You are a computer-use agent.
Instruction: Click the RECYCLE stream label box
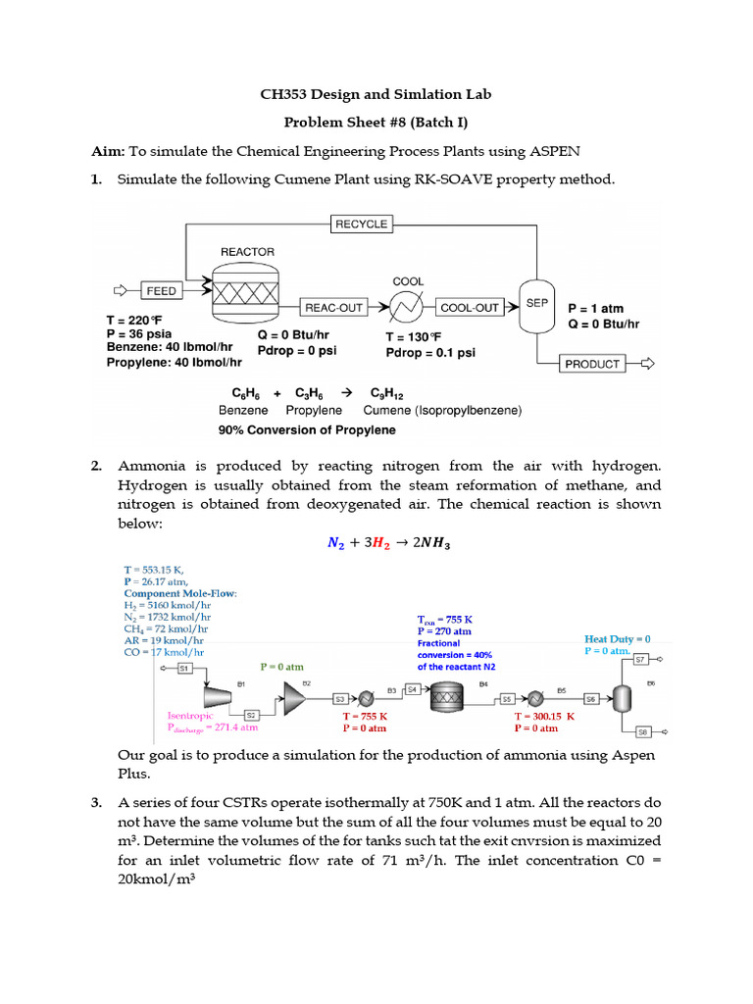361,225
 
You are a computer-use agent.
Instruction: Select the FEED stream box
161,291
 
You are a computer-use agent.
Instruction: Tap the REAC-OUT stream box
333,308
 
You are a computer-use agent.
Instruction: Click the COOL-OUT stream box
469,308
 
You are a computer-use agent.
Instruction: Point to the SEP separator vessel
536,305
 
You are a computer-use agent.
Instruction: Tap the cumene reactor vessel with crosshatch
247,292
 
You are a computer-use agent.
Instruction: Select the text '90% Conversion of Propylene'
307,429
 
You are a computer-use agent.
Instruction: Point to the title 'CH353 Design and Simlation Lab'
376,95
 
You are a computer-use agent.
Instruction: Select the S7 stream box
641,660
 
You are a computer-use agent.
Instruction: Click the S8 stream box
643,731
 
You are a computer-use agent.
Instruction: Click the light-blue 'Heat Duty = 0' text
618,638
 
